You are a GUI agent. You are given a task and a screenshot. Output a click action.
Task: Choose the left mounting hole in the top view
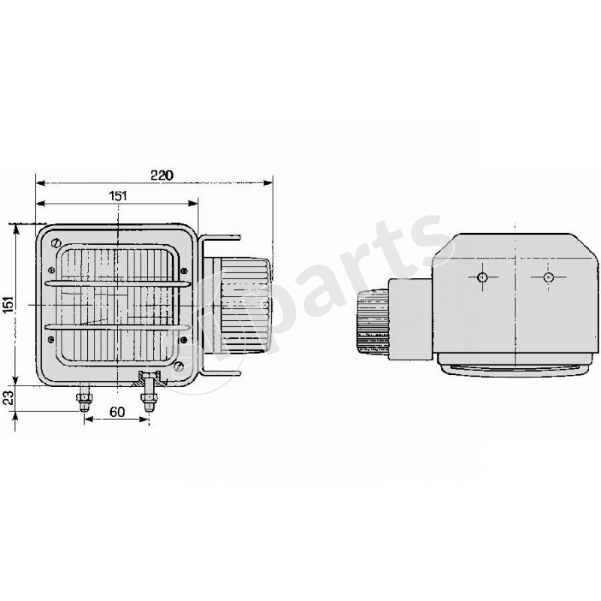coord(482,278)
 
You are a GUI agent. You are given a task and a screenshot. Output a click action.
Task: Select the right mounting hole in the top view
coord(548,278)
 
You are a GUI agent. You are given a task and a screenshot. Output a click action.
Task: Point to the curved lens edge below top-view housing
coord(511,370)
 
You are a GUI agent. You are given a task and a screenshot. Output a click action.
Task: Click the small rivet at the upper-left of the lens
coord(50,270)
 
